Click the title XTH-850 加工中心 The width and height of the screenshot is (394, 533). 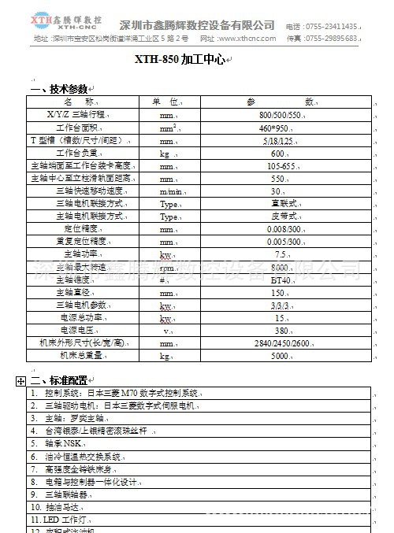pyautogui.click(x=180, y=60)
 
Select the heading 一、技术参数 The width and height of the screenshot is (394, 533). pyautogui.click(x=60, y=89)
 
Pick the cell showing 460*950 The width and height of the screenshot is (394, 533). pyautogui.click(x=277, y=128)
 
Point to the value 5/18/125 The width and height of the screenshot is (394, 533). pyautogui.click(x=277, y=140)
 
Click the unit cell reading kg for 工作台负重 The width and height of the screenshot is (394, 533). pyautogui.click(x=165, y=154)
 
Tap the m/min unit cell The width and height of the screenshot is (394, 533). pyautogui.click(x=170, y=191)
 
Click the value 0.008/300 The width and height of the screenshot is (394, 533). pyautogui.click(x=282, y=229)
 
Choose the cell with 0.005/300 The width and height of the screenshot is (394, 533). pyautogui.click(x=282, y=242)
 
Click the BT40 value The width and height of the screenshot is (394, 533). pyautogui.click(x=281, y=279)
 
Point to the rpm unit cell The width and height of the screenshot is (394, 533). pyautogui.click(x=165, y=267)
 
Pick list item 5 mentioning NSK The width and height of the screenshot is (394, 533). pyautogui.click(x=57, y=443)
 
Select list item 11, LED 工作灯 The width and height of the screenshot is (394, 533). pyautogui.click(x=60, y=520)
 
